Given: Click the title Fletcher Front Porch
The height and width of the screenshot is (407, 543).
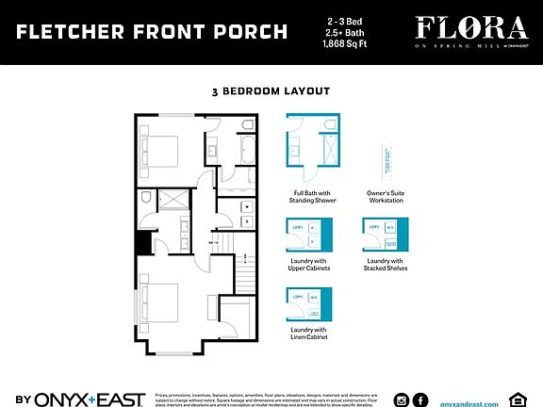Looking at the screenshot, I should (x=152, y=33).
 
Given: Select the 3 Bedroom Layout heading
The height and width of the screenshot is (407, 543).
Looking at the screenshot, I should (x=271, y=91).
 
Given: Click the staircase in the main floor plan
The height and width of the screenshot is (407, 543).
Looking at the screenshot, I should (x=246, y=274).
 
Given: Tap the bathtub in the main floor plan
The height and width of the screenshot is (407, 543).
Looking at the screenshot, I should (x=247, y=150).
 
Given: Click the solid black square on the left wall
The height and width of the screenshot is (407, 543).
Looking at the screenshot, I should (x=143, y=243).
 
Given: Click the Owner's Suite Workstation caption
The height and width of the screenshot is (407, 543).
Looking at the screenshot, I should (x=385, y=198).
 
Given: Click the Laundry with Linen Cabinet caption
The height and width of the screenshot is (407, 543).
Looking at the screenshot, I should (x=309, y=333).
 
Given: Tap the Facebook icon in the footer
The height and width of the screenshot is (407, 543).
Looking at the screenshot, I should (x=420, y=399).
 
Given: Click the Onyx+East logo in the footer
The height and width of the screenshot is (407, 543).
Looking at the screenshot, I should (x=80, y=399).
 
